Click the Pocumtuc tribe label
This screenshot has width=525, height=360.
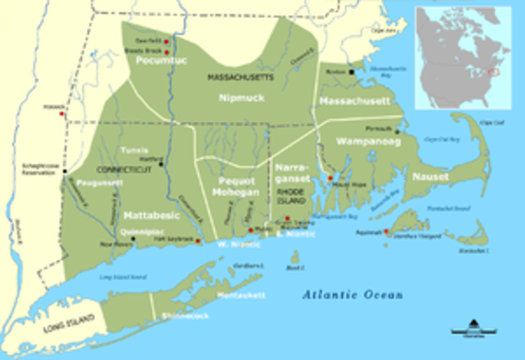point(151,60)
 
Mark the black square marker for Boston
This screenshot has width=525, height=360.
point(351,72)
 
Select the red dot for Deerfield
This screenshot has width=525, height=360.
point(166,40)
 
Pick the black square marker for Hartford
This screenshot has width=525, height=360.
point(162,164)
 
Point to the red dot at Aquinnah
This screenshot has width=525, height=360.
point(386,231)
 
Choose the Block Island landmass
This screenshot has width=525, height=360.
point(294,258)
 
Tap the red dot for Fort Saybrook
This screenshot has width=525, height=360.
point(199,241)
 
